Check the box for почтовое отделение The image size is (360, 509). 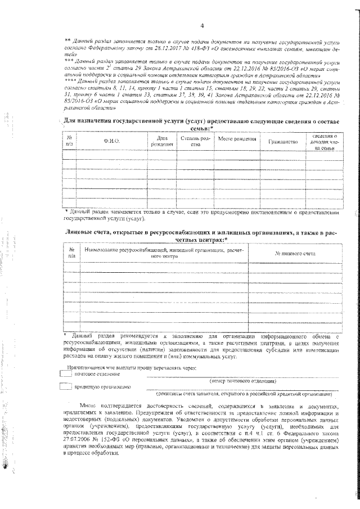(x=66, y=374)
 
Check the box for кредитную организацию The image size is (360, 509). (x=66, y=387)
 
